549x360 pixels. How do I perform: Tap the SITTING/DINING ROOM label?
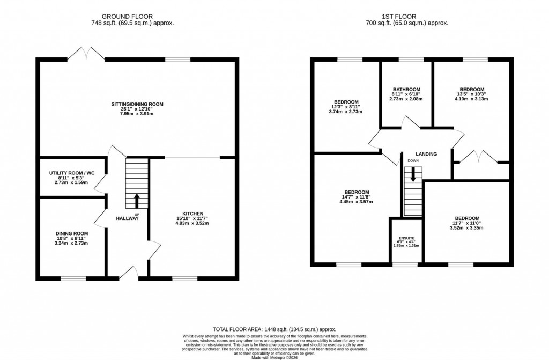click(137, 104)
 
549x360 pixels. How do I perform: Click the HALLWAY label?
click(128, 218)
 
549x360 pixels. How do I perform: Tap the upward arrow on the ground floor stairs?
click(136, 200)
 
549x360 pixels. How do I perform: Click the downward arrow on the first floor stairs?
click(413, 173)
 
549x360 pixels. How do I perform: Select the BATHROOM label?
click(406, 90)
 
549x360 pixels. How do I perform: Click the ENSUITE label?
click(406, 238)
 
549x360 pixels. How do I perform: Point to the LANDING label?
click(426, 154)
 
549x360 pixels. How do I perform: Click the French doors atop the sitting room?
click(86, 54)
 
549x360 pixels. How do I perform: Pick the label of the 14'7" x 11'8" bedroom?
click(356, 192)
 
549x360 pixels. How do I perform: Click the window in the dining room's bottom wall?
click(73, 278)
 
